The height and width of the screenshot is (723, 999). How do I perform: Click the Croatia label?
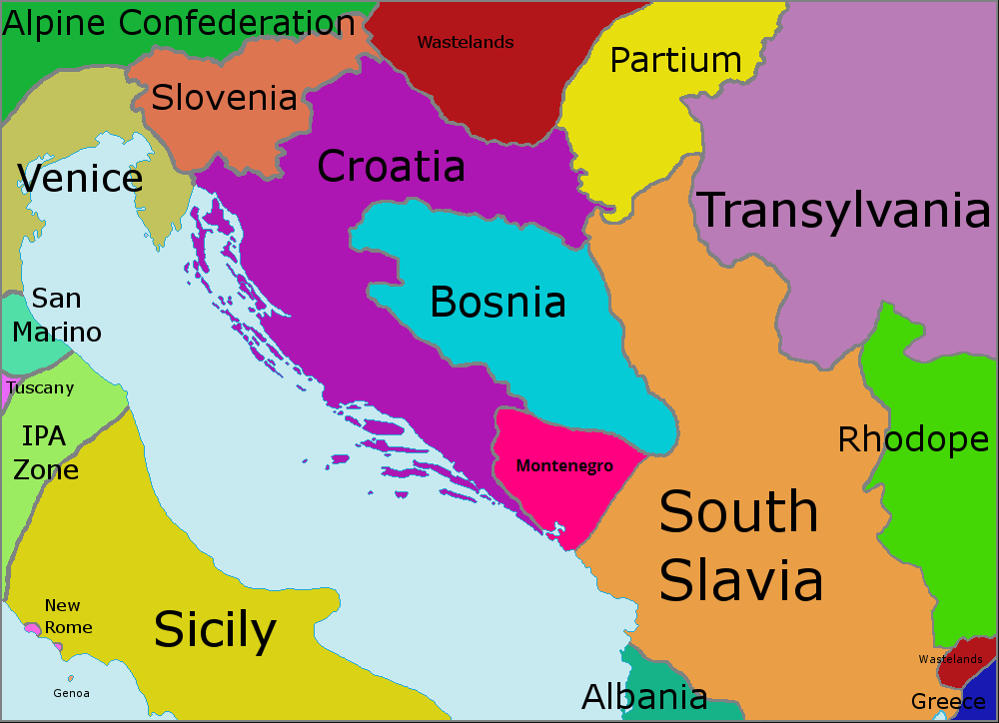391,167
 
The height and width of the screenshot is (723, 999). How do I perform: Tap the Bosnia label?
498,302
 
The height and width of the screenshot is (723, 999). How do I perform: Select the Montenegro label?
563,465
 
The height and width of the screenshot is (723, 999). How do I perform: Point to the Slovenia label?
224,98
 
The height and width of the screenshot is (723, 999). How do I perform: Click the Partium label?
675,61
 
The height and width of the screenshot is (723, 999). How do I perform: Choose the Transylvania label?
844,211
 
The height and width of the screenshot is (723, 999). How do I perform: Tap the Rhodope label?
912,439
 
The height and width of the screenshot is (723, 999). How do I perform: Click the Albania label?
644,696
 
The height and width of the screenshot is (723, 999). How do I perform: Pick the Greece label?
948,702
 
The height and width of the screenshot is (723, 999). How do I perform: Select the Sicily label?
215,630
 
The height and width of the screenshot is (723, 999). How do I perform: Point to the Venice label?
80,179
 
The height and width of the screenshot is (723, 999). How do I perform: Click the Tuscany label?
40,387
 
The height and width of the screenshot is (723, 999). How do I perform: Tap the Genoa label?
71,693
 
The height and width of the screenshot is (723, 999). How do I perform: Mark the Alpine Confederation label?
179,23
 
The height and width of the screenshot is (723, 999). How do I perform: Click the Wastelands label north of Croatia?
465,42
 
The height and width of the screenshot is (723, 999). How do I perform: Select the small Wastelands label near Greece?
949,659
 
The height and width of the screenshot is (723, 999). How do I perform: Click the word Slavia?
741,580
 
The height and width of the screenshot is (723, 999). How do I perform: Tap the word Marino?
57,332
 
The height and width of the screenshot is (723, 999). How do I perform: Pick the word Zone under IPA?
46,468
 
